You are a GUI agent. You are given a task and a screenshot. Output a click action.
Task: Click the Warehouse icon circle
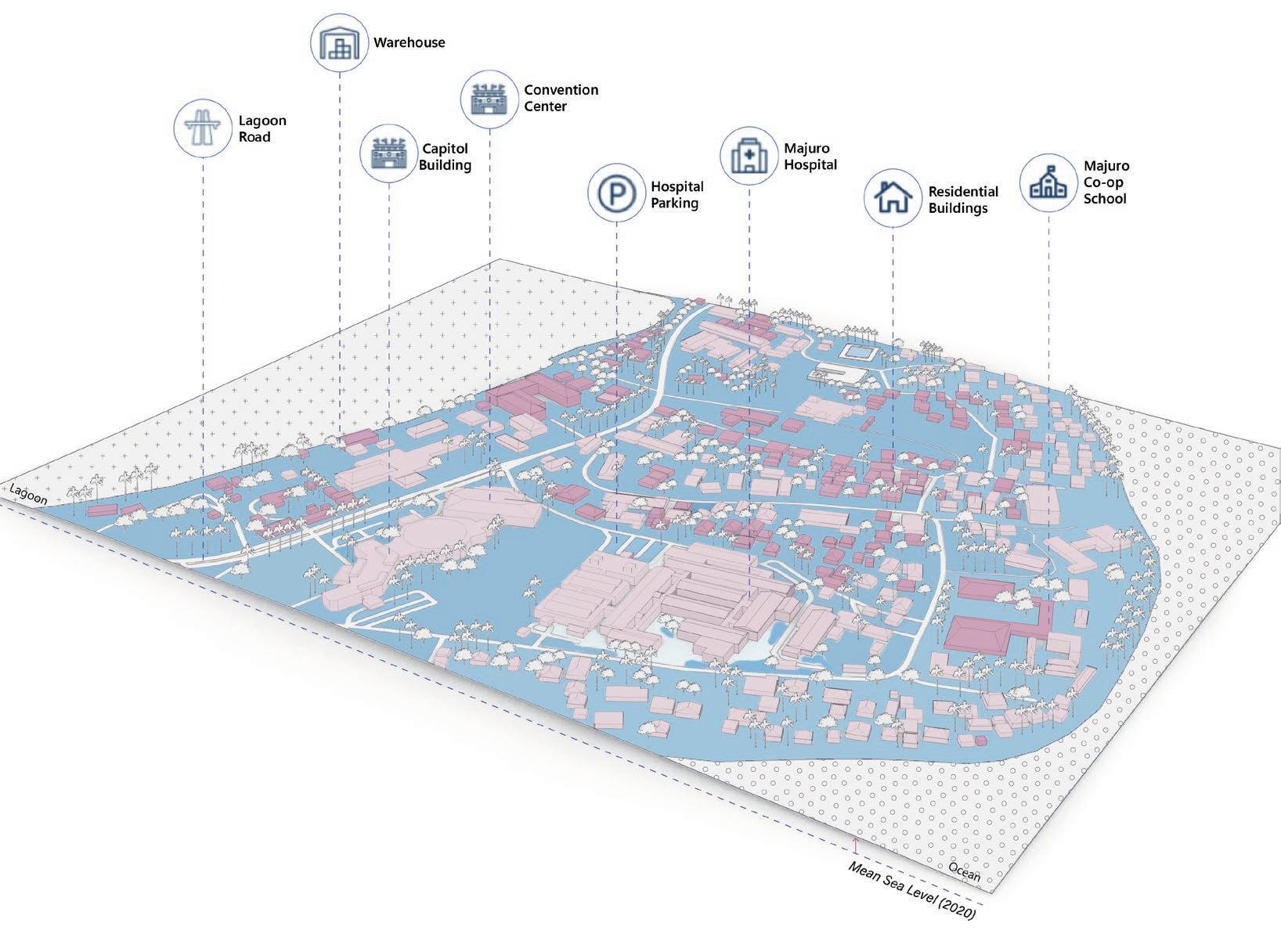[x=339, y=42]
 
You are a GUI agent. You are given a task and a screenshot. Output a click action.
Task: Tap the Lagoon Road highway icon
[x=203, y=128]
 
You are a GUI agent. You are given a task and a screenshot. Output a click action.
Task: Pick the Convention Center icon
[x=490, y=99]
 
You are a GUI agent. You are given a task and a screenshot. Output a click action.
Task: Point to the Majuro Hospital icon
[x=749, y=156]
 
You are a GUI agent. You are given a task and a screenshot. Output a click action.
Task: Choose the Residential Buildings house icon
[x=893, y=199]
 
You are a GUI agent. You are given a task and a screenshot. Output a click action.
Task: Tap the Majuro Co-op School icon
[x=1048, y=182]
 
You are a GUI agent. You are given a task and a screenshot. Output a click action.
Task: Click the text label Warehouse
[x=409, y=42]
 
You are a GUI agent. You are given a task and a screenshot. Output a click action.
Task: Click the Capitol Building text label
[x=445, y=157]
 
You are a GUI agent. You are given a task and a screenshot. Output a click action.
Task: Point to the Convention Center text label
[x=561, y=98]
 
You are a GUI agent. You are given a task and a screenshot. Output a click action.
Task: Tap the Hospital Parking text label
[x=677, y=195]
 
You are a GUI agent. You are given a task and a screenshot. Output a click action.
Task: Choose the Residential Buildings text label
[x=963, y=200]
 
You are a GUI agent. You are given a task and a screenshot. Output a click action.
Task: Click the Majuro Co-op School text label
[x=1106, y=182]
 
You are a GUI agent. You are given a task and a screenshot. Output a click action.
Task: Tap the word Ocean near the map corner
[x=964, y=871]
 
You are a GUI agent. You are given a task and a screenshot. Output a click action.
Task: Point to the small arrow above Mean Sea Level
[x=856, y=845]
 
